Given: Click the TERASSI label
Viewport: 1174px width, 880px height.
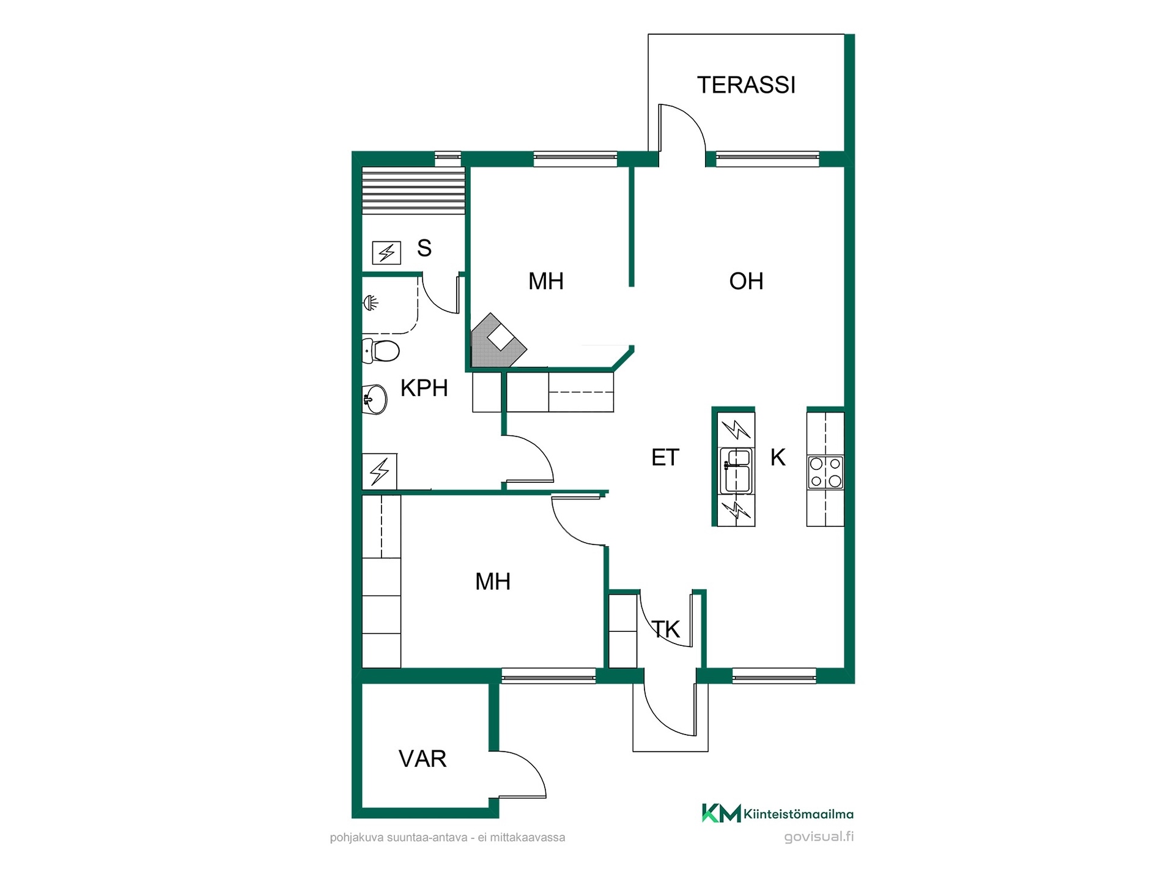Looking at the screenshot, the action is coord(746,85).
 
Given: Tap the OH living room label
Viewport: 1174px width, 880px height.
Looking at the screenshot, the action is coord(746,281).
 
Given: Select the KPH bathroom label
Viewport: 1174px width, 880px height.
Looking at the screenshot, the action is coord(424,388).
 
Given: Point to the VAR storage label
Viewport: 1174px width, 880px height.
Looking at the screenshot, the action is coord(423,759).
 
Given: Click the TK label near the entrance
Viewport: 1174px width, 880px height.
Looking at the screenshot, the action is coord(666,629).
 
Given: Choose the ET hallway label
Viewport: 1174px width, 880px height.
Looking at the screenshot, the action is coord(665,458).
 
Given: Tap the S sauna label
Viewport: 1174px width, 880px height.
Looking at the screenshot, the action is coord(424,248).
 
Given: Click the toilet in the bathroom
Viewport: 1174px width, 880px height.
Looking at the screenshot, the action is coord(380,351).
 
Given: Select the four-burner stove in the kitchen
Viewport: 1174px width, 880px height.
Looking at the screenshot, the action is coord(825,472).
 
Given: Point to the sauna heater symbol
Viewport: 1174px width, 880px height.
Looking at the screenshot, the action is coord(386,252).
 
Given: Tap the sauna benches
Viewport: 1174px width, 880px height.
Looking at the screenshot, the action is coord(413,190).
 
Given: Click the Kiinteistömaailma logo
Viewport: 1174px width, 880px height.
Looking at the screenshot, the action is coord(777,813).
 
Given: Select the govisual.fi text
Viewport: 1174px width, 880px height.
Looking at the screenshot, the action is coord(819,837).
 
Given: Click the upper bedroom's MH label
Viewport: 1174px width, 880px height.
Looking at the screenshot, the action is coord(546,281).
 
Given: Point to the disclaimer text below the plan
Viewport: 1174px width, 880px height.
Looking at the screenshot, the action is coord(448,837).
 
